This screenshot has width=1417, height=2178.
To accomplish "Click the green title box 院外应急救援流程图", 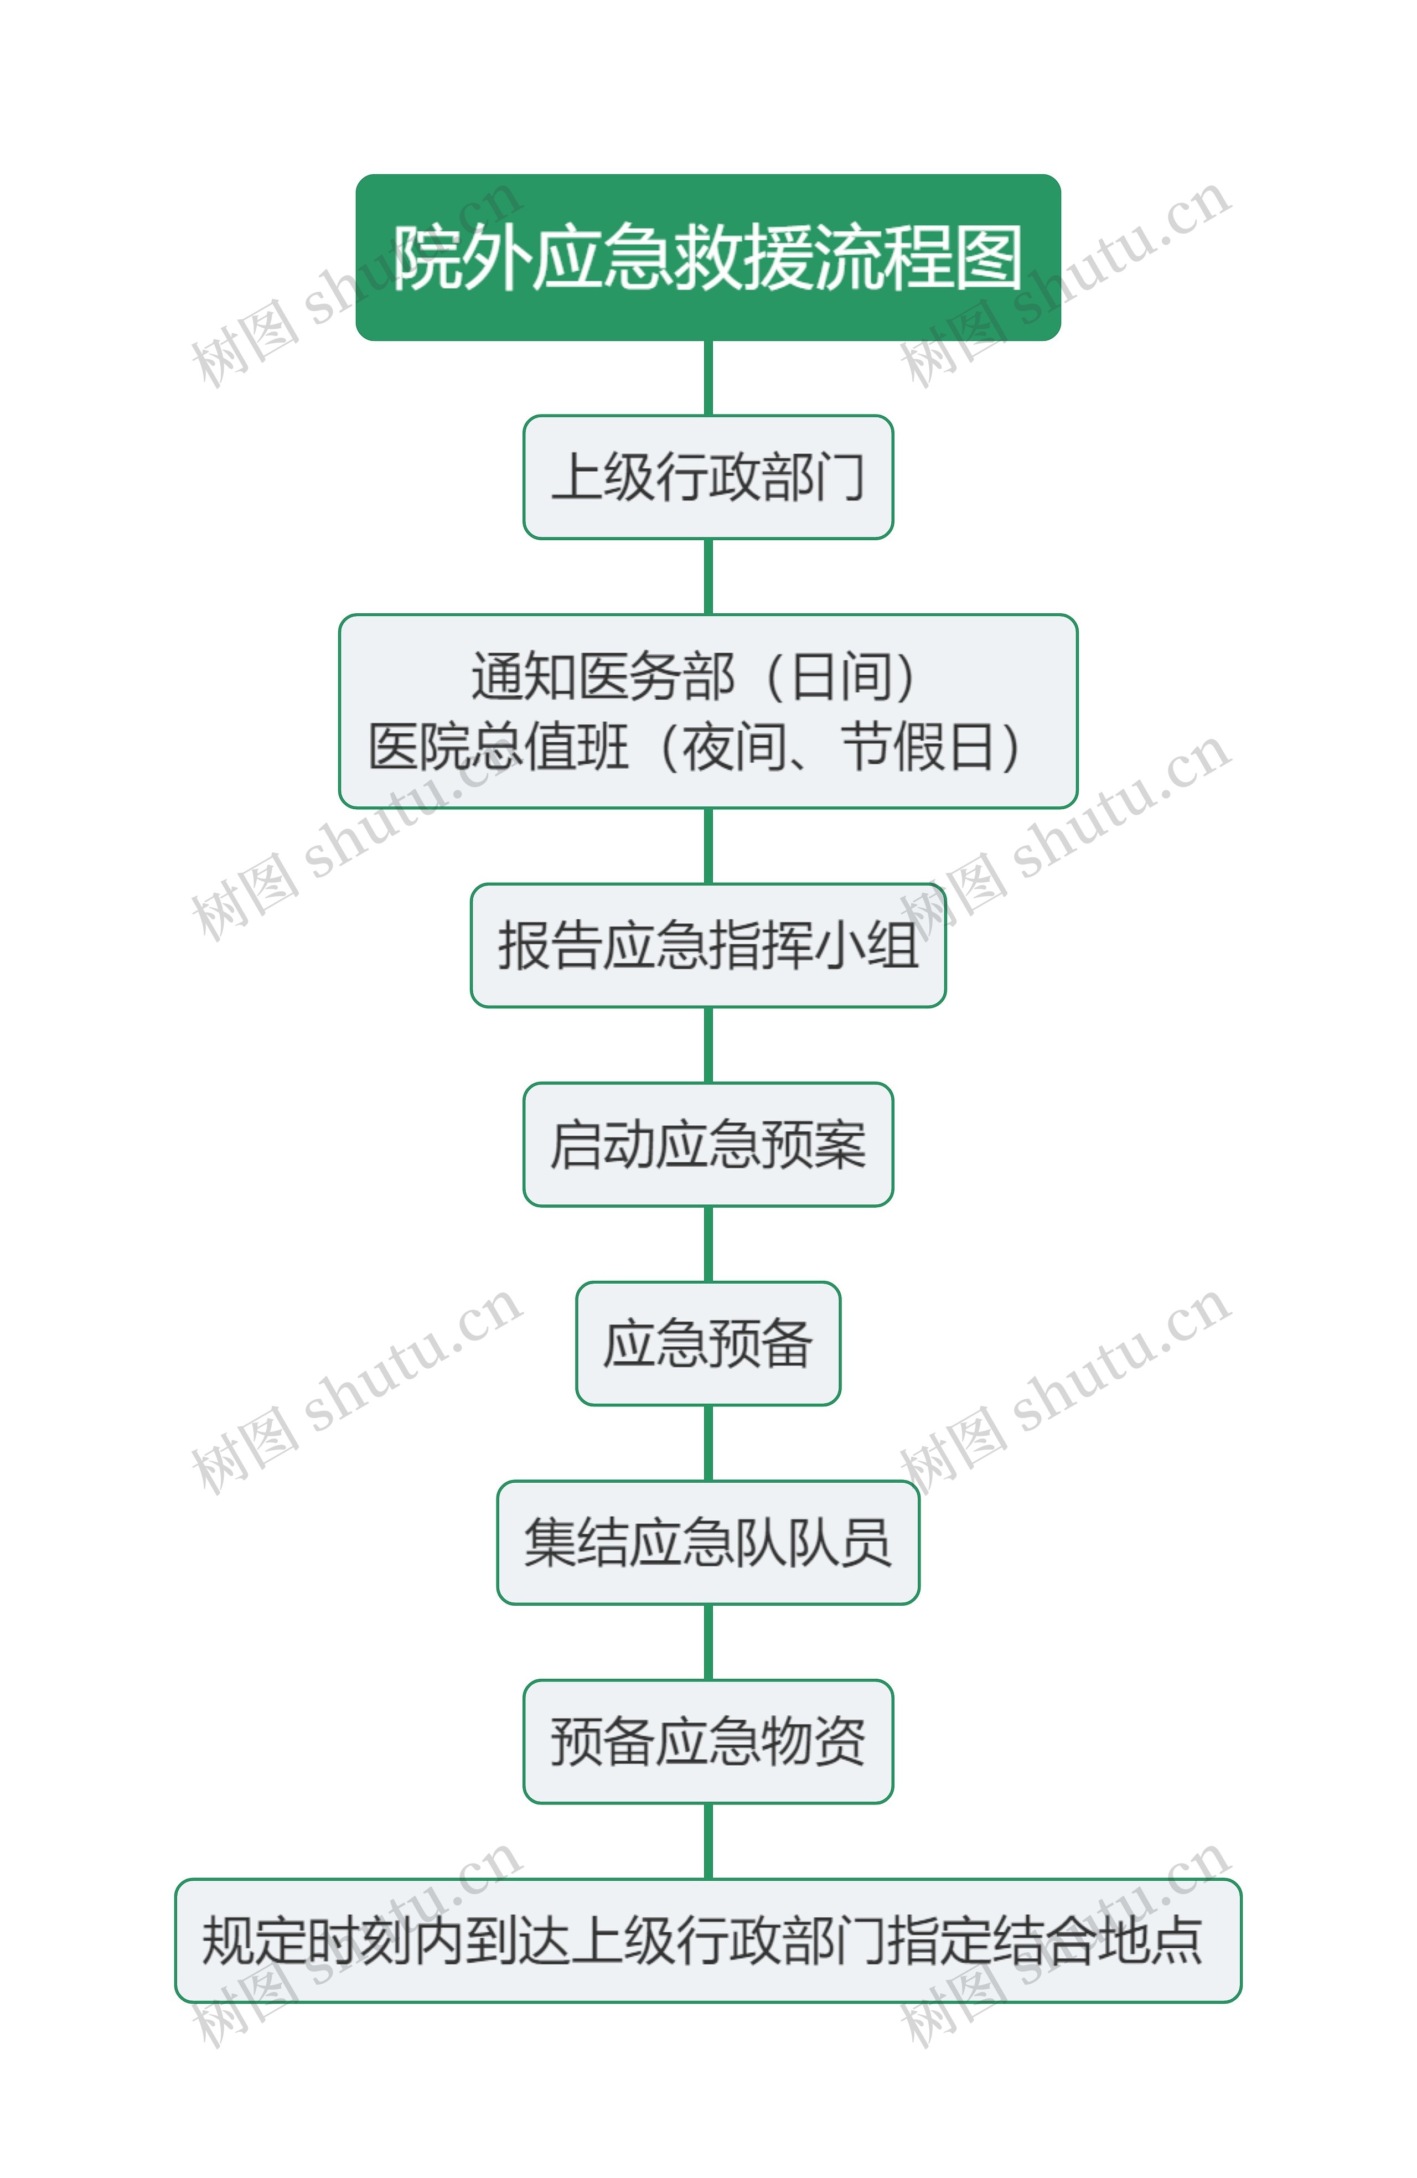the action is point(707,257).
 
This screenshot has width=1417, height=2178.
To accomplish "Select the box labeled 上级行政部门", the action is point(707,477).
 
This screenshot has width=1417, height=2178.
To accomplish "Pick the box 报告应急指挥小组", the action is point(707,945).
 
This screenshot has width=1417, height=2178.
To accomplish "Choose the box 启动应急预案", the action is point(707,1144).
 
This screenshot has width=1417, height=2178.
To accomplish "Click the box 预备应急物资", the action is point(707,1741).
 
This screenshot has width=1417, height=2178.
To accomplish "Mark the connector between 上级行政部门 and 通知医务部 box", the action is point(707,577).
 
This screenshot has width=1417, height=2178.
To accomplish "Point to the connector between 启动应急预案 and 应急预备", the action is point(707,1244).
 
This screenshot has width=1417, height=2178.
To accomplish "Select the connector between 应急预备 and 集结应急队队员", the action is point(707,1442).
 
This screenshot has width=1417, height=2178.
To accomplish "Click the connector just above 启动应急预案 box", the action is point(707,1045).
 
